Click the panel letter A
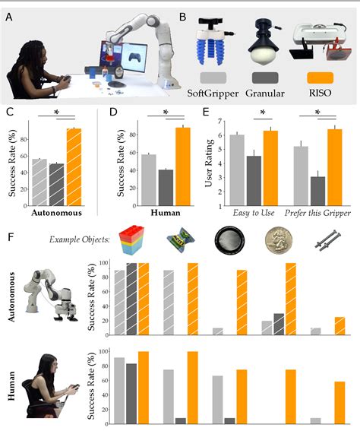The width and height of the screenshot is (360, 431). (9, 15)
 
